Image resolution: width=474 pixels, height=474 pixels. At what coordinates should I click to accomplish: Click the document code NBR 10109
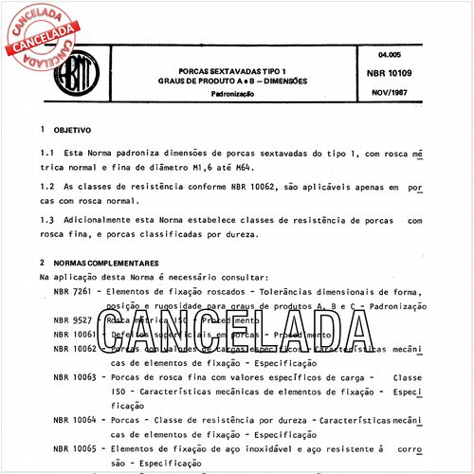click(x=387, y=71)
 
